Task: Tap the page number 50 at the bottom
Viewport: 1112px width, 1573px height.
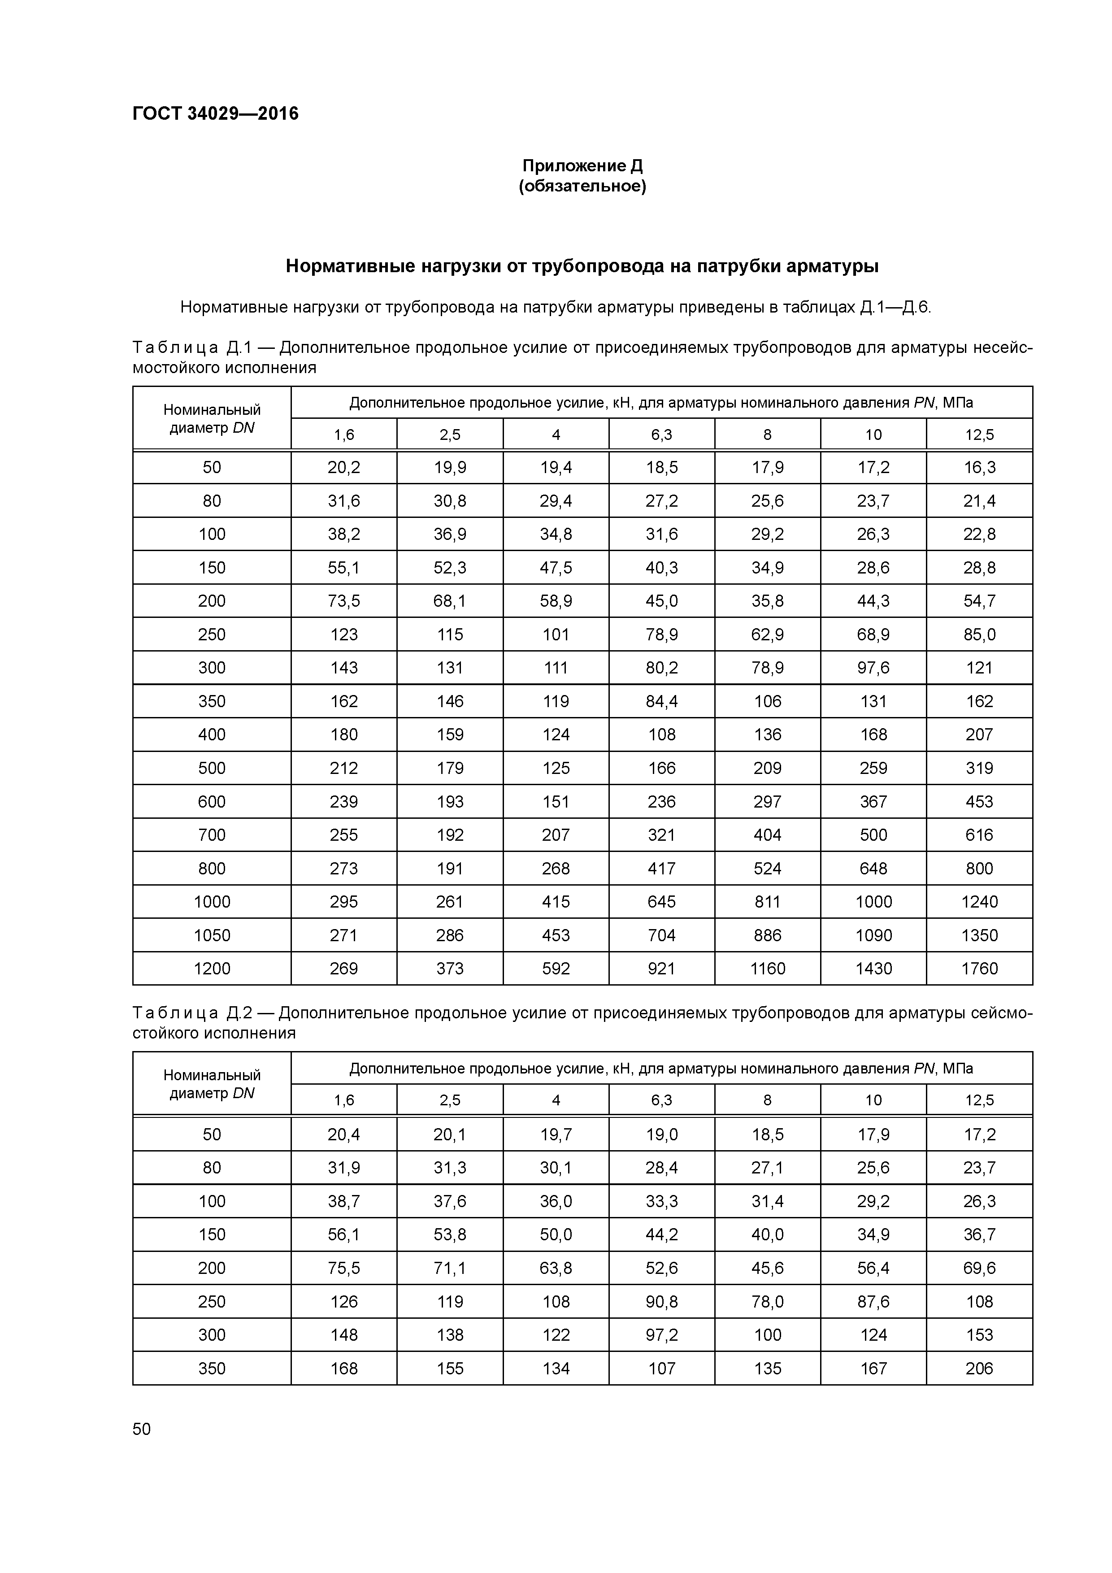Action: pyautogui.click(x=142, y=1429)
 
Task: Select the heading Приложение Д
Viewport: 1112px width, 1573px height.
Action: pyautogui.click(x=582, y=166)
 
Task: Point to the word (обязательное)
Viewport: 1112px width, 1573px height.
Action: pyautogui.click(x=582, y=187)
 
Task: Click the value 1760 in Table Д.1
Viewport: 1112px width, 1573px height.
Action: pyautogui.click(x=979, y=969)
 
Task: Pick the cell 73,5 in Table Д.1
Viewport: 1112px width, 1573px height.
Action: pyautogui.click(x=344, y=601)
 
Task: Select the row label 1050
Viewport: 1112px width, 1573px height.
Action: pyautogui.click(x=212, y=935)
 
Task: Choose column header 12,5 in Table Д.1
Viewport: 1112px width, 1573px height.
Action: pyautogui.click(x=979, y=435)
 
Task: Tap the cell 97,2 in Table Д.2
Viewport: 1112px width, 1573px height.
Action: pyautogui.click(x=661, y=1334)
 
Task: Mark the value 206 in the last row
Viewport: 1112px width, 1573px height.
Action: pyautogui.click(x=979, y=1368)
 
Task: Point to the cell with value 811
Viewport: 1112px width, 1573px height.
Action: pyautogui.click(x=767, y=902)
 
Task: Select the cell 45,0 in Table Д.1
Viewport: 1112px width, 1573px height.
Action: pyautogui.click(x=661, y=601)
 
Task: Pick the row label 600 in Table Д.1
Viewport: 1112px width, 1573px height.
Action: pyautogui.click(x=212, y=802)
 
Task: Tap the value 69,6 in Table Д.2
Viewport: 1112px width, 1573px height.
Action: pyautogui.click(x=979, y=1268)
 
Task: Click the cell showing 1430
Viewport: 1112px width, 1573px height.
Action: pyautogui.click(x=873, y=969)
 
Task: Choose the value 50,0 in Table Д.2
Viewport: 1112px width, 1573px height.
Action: pyautogui.click(x=556, y=1234)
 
